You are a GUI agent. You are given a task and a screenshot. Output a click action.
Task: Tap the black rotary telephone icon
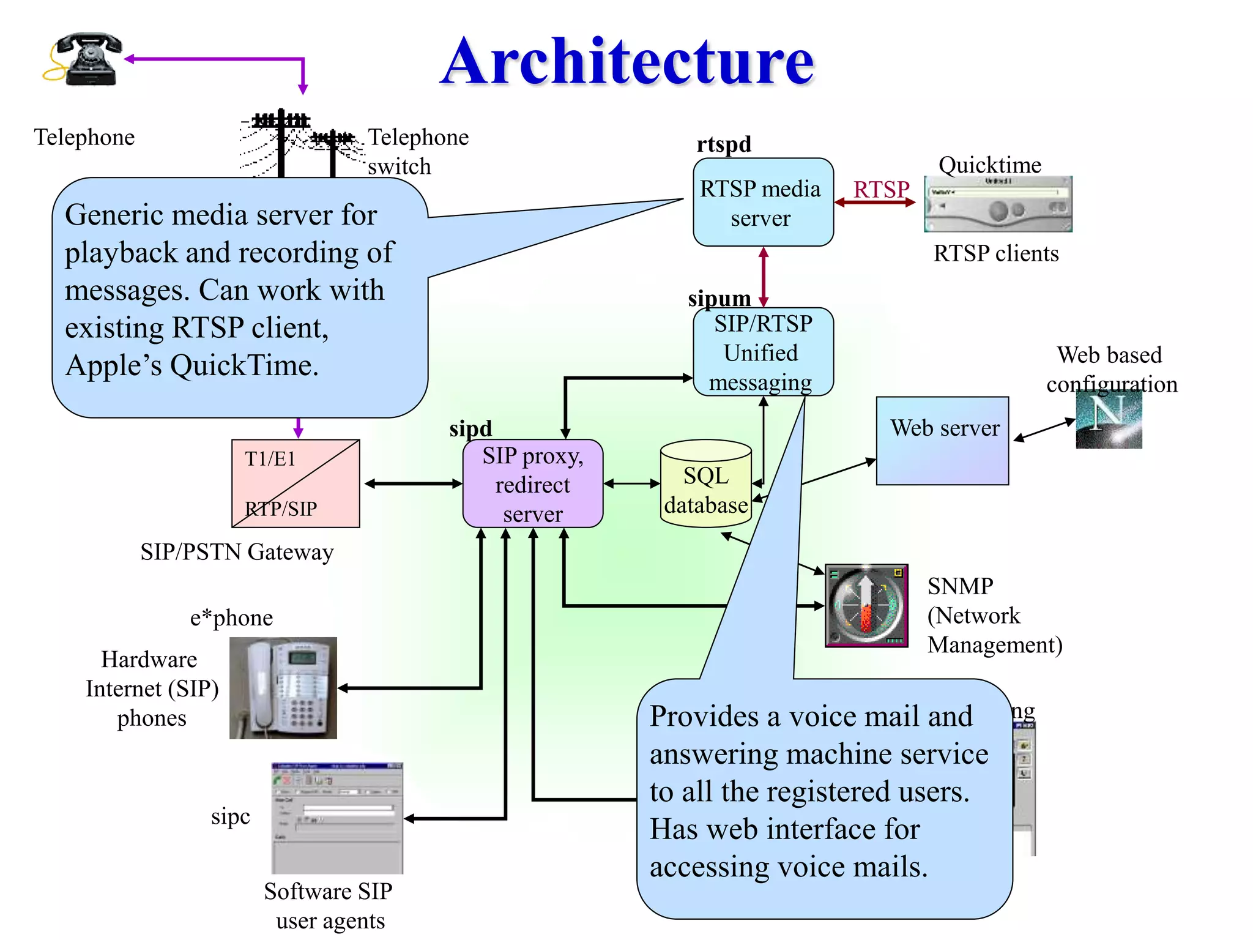(86, 59)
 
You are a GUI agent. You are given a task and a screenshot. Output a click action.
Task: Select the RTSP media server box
(762, 203)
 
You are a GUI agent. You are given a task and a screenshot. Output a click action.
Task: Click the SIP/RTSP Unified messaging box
(762, 352)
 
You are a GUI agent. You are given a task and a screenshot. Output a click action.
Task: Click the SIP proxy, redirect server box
(532, 484)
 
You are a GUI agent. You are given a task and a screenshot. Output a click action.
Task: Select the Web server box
(942, 441)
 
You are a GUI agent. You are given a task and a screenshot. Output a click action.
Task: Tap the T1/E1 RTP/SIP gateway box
(296, 483)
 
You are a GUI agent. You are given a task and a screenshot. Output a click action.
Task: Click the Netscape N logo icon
(1109, 420)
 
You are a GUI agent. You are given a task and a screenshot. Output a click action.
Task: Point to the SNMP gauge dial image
(866, 605)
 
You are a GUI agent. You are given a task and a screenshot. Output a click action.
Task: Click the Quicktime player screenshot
(998, 204)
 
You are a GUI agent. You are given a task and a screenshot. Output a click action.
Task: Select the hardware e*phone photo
(283, 688)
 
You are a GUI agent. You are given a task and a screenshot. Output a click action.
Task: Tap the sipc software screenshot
(337, 818)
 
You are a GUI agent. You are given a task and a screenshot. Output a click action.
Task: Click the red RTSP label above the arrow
(881, 189)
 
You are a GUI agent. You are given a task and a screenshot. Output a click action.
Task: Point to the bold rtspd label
(724, 144)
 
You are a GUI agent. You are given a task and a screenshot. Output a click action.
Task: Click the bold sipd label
(470, 428)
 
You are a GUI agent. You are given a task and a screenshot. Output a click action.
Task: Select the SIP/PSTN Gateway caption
(237, 552)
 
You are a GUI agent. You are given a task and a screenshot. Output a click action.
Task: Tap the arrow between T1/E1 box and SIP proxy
(413, 483)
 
